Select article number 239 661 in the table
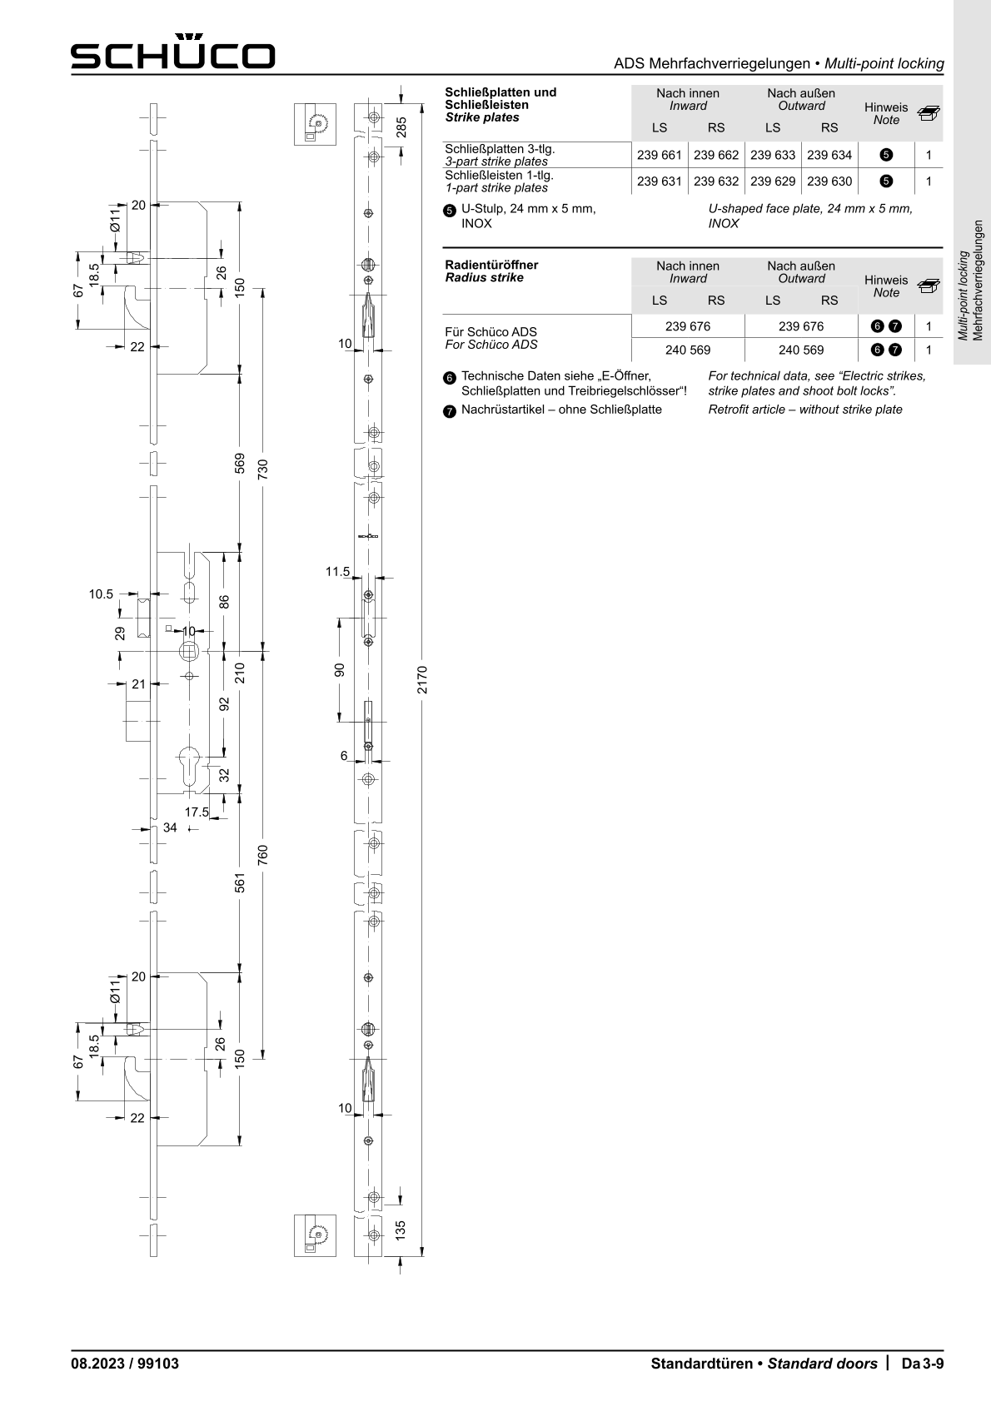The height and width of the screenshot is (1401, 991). coord(660,155)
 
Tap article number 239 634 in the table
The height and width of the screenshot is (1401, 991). coord(829,155)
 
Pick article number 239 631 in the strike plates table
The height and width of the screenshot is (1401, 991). coord(660,181)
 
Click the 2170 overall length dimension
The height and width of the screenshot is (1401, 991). coord(422,679)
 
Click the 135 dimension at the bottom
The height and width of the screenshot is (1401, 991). coord(400,1229)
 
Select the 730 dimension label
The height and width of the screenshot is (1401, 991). coord(263,469)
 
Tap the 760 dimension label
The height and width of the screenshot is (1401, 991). coord(263,855)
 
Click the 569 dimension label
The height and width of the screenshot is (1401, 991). coord(240,463)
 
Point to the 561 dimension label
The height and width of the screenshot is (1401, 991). coord(240,882)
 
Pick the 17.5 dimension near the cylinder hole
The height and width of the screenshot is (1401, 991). coord(197,812)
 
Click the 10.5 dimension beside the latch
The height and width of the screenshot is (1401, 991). coord(101,594)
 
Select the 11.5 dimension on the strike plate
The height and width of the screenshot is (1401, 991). coord(337,571)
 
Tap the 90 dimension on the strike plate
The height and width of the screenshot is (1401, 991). coord(339,669)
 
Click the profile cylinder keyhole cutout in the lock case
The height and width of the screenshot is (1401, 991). coord(189,766)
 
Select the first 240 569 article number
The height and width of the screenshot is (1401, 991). coord(688,350)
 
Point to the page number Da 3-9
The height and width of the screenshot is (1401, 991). coord(922,1364)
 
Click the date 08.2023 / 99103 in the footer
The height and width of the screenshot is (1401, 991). coord(125,1364)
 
